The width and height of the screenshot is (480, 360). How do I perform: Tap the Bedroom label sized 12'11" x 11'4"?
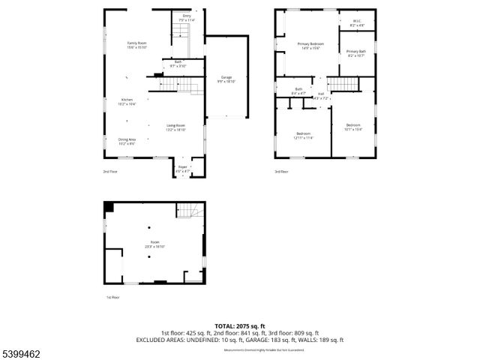point(304,136)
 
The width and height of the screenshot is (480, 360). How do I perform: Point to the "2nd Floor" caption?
point(111,172)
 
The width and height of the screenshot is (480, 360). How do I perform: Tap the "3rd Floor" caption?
point(281,172)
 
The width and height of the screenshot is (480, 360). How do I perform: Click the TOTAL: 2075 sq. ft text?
point(240,326)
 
